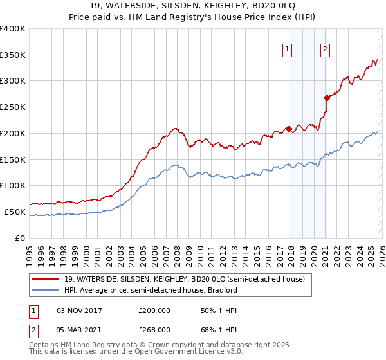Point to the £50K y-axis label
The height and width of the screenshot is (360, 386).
tap(15, 212)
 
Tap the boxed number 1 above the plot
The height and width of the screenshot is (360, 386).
tap(286, 48)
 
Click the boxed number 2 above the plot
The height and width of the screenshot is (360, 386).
tap(326, 48)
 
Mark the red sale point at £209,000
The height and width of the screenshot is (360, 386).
tap(289, 129)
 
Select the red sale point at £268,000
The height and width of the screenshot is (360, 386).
tap(327, 98)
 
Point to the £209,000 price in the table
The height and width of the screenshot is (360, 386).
tap(154, 310)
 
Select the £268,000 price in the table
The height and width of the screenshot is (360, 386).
tap(154, 329)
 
